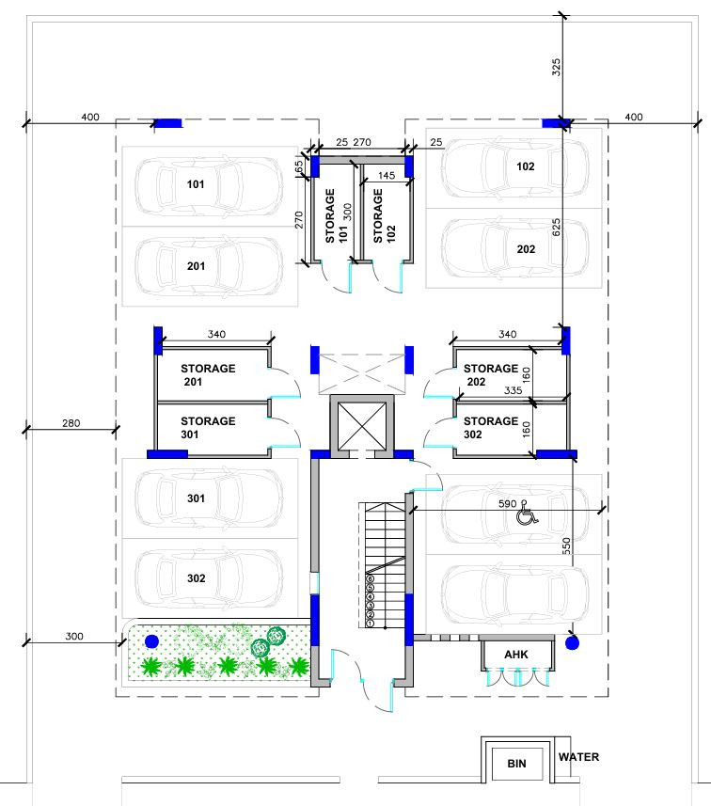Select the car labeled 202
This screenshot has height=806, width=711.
(x=513, y=248)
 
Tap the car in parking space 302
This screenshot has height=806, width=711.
(x=209, y=578)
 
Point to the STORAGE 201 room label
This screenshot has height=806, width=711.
(x=208, y=376)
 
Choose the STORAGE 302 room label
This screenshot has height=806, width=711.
(x=490, y=428)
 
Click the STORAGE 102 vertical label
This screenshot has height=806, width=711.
(x=378, y=216)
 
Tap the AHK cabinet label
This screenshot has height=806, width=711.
(x=514, y=654)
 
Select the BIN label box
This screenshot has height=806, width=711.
(x=514, y=765)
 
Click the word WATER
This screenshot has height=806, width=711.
(x=577, y=757)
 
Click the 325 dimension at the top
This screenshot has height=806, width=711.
(x=556, y=68)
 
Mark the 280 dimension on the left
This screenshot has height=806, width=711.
(x=70, y=424)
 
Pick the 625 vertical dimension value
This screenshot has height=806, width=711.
(x=556, y=226)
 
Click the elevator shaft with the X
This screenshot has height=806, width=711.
(x=361, y=423)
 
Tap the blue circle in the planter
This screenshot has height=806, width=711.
(x=152, y=640)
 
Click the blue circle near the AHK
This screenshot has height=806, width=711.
(x=573, y=644)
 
